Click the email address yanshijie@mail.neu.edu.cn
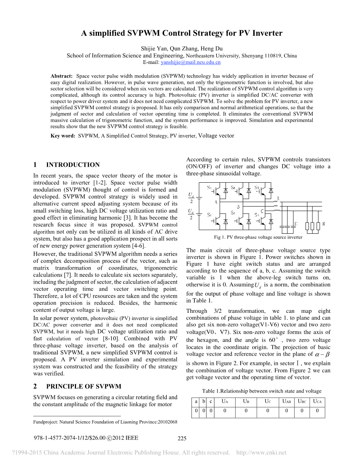click(191, 62)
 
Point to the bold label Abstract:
click(61, 76)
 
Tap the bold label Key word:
click(63, 136)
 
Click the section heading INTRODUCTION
click(73, 165)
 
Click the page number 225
click(182, 439)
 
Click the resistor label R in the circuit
click(324, 224)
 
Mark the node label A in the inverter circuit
click(216, 202)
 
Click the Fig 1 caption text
click(258, 238)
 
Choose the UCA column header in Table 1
click(317, 401)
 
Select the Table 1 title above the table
click(262, 391)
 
